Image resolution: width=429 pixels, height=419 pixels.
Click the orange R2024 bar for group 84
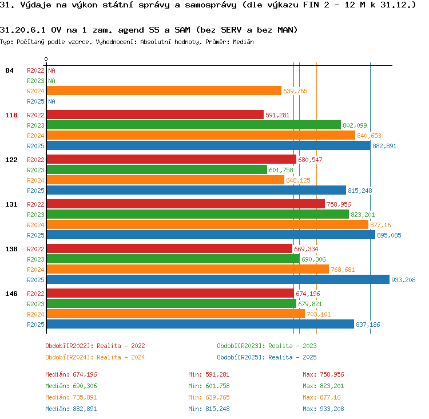coord(164,90)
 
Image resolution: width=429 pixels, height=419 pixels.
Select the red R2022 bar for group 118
coord(155,114)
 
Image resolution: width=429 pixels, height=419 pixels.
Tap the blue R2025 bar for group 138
coord(218,279)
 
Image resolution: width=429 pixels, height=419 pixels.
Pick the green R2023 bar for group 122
coord(157,169)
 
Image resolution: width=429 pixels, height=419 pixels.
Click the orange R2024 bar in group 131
coord(208,224)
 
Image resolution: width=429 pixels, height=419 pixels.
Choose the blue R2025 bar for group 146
coord(200,324)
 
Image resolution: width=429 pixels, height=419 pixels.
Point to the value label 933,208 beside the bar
coord(403,280)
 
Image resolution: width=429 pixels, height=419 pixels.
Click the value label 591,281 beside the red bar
coord(277,115)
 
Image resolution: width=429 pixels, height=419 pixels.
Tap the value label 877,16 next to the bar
coord(380,225)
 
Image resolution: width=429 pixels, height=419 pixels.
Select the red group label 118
coord(11,115)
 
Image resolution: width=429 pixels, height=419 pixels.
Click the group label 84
coord(9,70)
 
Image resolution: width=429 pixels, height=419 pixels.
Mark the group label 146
coord(11,294)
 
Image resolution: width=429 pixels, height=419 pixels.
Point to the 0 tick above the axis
coord(46,59)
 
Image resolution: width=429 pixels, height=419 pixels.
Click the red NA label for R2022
coord(51,70)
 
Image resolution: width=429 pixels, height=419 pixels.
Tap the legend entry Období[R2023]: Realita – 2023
coord(267,346)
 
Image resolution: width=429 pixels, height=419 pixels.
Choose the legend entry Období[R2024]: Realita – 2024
coord(95,357)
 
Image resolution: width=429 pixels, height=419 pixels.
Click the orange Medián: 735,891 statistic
coord(71,397)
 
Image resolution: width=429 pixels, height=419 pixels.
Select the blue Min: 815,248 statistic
coord(209,409)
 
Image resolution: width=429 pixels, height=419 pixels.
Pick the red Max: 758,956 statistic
coord(323,374)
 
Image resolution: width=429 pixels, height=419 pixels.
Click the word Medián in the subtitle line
coord(243,42)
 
